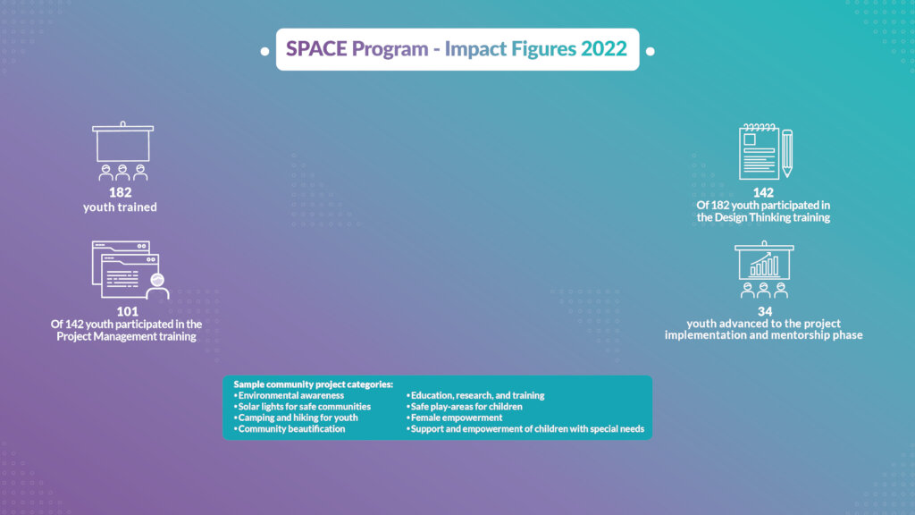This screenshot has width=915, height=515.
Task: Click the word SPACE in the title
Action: point(316,48)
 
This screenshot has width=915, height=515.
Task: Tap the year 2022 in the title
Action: point(603,48)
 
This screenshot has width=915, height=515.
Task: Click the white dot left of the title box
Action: point(264,51)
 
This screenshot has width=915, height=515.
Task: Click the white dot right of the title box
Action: point(651,51)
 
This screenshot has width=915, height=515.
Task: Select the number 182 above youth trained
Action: point(121,192)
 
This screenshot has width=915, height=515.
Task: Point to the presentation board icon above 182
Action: point(122,150)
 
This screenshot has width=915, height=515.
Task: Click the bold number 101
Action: point(127,311)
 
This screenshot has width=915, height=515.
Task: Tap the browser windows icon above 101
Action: point(130,270)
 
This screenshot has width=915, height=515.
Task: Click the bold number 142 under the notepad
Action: point(763,193)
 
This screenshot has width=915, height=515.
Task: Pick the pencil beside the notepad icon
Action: point(786,153)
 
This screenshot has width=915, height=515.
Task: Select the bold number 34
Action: point(765,311)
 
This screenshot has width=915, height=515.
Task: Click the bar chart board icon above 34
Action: point(764,269)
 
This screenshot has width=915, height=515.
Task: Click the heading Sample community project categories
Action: point(314,384)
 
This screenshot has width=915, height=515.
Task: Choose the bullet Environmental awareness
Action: point(289,395)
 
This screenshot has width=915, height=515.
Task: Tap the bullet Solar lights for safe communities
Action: point(302,407)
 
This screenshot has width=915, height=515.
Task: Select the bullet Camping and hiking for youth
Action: point(296,418)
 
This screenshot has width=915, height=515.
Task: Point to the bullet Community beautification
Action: point(290,428)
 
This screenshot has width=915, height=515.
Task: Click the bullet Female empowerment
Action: point(455,418)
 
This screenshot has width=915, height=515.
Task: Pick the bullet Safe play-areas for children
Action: point(465,407)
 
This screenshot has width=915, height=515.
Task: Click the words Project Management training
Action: point(126,336)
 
